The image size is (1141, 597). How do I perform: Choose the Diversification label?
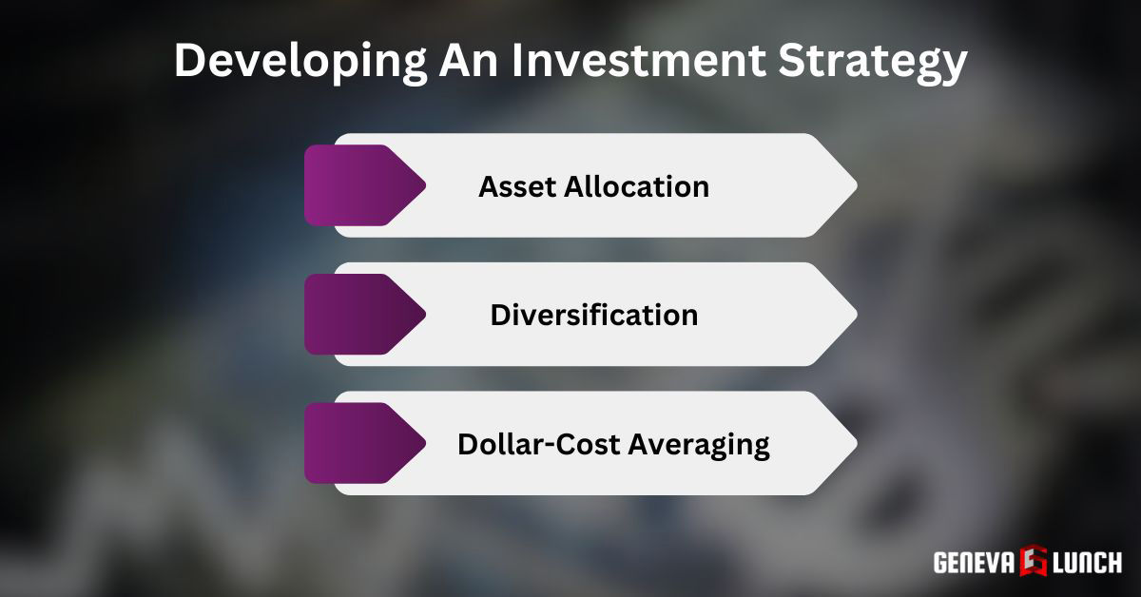593,315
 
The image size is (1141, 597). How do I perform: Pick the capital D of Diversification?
500,315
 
